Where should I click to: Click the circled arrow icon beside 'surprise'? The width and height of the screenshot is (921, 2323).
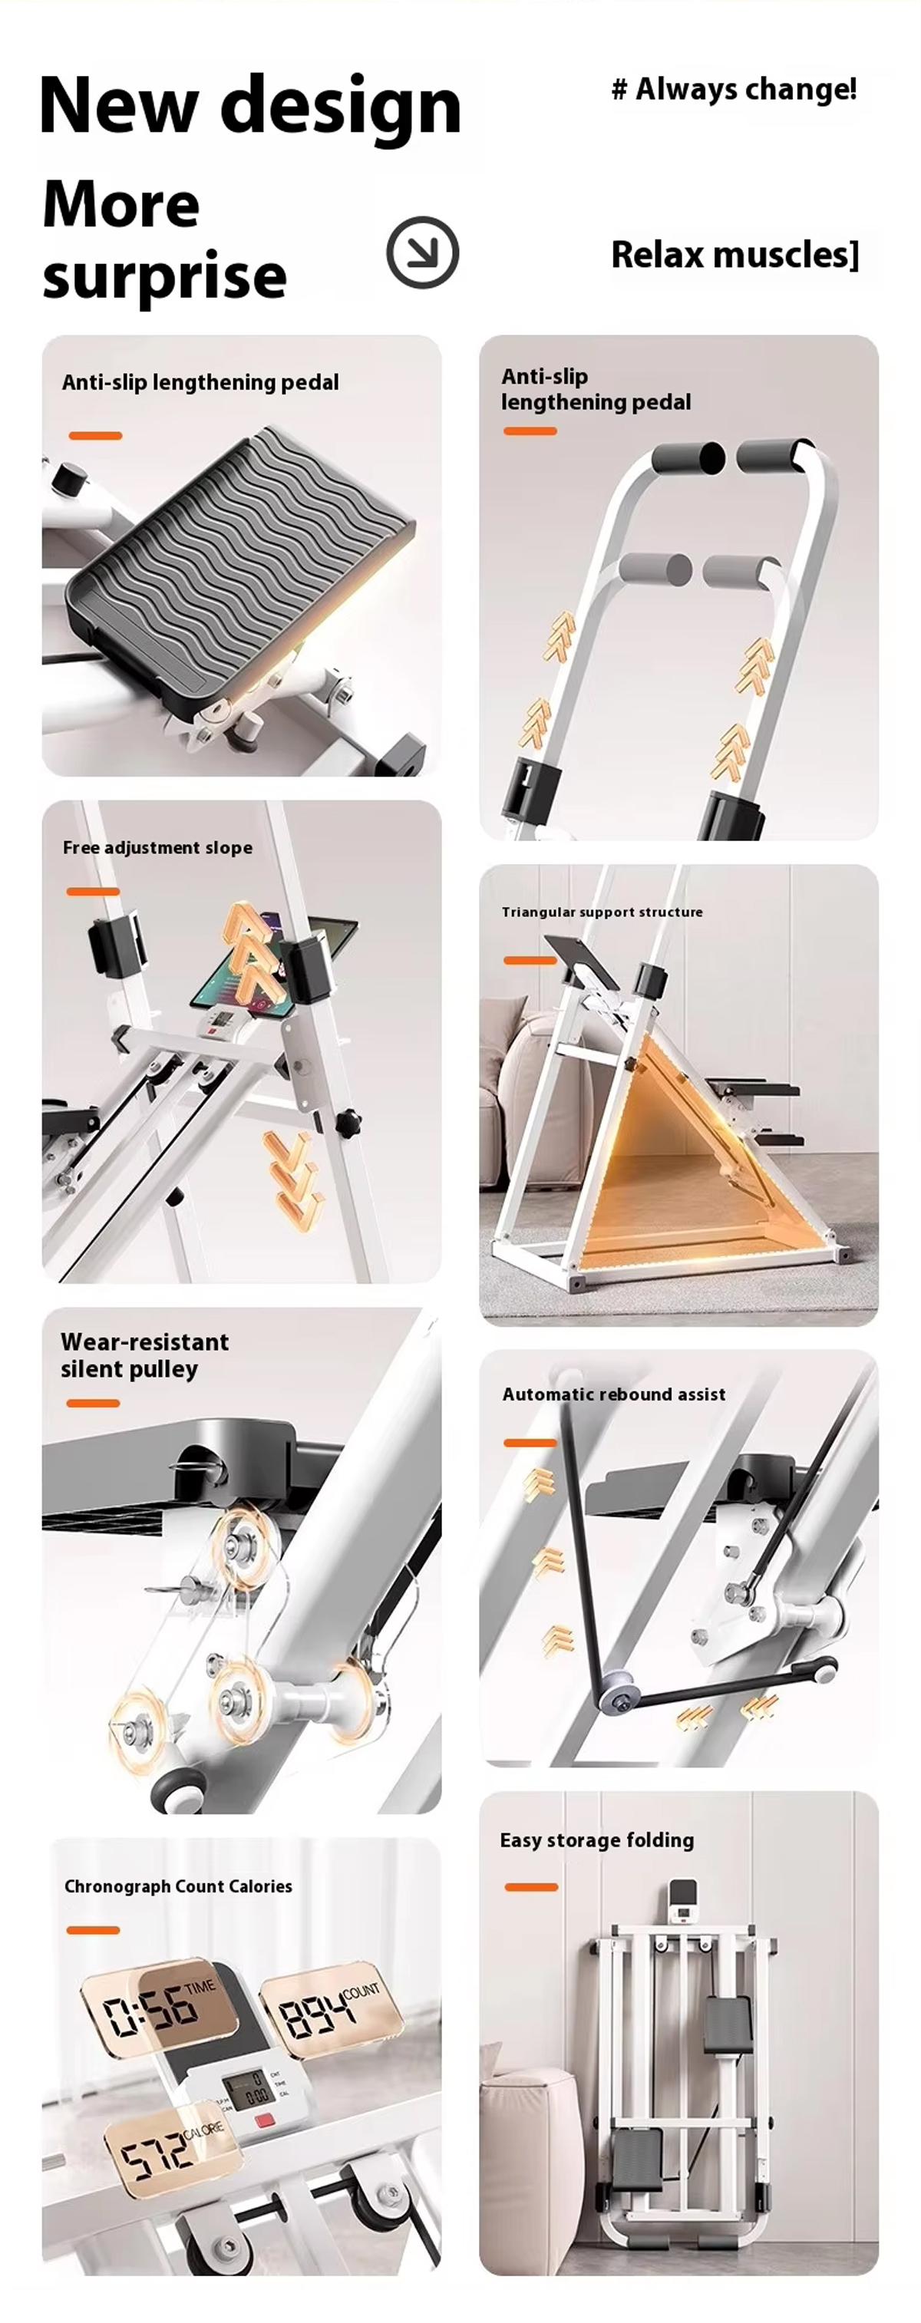pyautogui.click(x=422, y=252)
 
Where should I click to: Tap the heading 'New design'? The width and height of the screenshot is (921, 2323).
pyautogui.click(x=250, y=107)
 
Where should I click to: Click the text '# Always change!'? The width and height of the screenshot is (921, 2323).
pyautogui.click(x=734, y=89)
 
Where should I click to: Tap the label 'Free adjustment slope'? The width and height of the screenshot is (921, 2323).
pyautogui.click(x=157, y=848)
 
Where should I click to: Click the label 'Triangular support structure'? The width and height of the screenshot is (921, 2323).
pyautogui.click(x=602, y=912)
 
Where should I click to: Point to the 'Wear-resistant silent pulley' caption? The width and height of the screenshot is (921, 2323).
pyautogui.click(x=144, y=1355)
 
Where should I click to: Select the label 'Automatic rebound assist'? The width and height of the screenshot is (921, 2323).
pyautogui.click(x=613, y=1394)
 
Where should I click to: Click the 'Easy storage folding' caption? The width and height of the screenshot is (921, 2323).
pyautogui.click(x=596, y=1840)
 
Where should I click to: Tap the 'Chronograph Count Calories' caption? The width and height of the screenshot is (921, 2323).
pyautogui.click(x=178, y=1886)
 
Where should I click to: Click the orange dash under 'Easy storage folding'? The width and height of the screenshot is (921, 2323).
pyautogui.click(x=530, y=1886)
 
